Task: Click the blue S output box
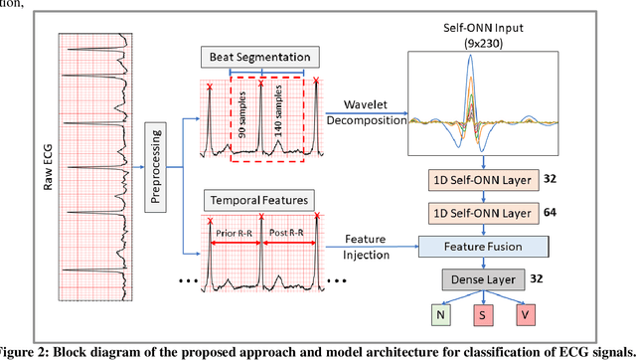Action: [482, 317]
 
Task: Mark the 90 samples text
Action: [242, 115]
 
